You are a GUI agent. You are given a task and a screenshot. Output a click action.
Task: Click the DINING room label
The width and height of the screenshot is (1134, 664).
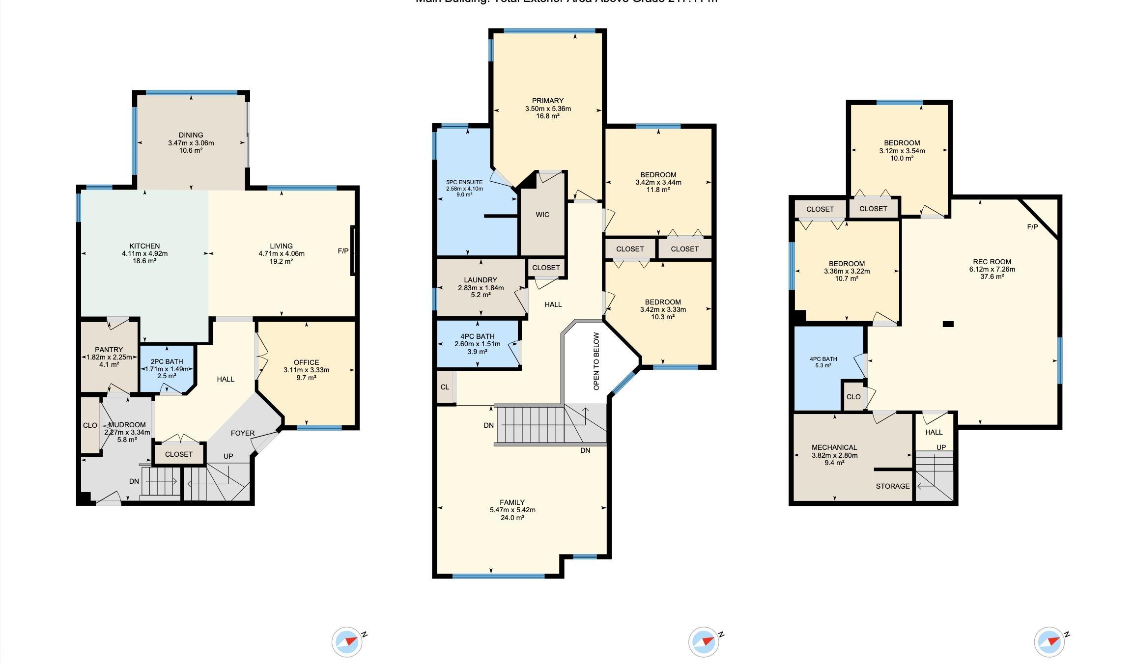[191, 135]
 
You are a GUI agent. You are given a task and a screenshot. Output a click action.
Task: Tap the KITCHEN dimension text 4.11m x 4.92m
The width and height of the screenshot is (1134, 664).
[144, 254]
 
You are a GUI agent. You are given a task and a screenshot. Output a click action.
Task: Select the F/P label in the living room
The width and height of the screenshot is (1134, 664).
[343, 251]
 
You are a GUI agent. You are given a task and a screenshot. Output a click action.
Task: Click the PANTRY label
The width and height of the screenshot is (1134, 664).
[109, 350]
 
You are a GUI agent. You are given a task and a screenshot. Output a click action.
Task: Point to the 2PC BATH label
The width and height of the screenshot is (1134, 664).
[167, 361]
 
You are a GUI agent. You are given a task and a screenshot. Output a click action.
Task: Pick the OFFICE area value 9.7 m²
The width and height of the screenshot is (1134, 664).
[306, 378]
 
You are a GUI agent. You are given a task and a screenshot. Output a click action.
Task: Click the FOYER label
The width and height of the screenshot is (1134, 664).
[243, 433]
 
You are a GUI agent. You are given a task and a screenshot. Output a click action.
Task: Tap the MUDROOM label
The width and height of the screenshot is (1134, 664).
[127, 425]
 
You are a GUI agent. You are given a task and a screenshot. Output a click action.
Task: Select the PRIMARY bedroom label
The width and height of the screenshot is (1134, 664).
[547, 101]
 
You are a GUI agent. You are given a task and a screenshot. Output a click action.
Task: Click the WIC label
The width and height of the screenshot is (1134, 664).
[542, 215]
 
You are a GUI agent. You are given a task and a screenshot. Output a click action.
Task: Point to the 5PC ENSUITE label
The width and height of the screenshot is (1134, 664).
[464, 182]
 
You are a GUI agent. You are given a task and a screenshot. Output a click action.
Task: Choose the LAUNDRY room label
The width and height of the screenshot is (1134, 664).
[480, 280]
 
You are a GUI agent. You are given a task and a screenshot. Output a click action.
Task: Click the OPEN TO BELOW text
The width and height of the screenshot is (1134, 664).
[596, 361]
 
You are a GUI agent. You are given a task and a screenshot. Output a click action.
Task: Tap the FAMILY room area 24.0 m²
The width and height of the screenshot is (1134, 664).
[512, 518]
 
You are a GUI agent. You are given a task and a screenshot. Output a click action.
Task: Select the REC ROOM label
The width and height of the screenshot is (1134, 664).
[992, 262]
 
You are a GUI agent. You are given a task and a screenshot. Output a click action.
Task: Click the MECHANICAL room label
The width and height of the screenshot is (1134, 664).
[834, 447]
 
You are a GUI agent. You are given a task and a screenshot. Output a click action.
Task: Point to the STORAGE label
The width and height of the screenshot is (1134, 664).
[892, 486]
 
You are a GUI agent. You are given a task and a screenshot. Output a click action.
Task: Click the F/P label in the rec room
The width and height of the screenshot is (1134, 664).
[1032, 227]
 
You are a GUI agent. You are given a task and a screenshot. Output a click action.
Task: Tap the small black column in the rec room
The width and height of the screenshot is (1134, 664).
[948, 324]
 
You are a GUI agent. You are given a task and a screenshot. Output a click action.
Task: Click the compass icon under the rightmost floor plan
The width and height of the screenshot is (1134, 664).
[1049, 642]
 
